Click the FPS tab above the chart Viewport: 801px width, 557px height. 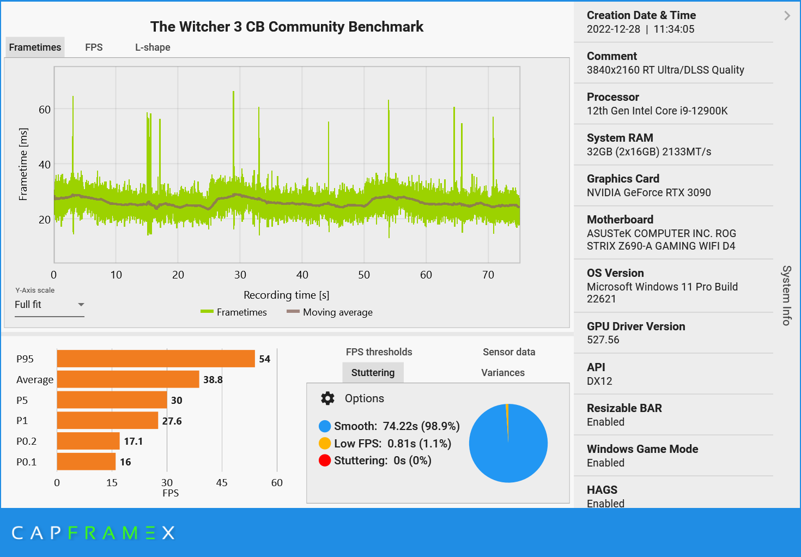[x=94, y=47]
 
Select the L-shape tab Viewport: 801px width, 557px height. [x=153, y=47]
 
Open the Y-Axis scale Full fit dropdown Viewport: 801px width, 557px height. [x=49, y=305]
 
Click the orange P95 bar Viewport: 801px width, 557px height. [x=156, y=359]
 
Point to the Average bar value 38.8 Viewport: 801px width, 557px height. [x=213, y=380]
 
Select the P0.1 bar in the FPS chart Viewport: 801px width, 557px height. [x=86, y=462]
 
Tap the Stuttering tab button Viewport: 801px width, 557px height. [x=373, y=373]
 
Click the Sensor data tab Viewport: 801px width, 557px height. [x=509, y=352]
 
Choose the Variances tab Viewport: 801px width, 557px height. [x=503, y=373]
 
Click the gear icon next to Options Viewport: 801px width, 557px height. [x=327, y=398]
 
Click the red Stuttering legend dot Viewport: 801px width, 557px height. [x=325, y=461]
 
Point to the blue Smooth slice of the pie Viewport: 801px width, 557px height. [x=508, y=452]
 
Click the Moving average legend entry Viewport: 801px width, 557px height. [x=330, y=312]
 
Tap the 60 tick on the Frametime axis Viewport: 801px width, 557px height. [x=45, y=110]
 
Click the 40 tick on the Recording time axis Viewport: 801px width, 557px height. [x=302, y=275]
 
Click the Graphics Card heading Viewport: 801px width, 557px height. [x=623, y=179]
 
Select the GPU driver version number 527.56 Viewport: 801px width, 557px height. [x=603, y=340]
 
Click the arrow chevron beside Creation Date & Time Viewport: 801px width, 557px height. [x=787, y=16]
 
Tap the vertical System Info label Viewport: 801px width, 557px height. [x=786, y=295]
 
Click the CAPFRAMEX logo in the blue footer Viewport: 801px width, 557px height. [x=93, y=532]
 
